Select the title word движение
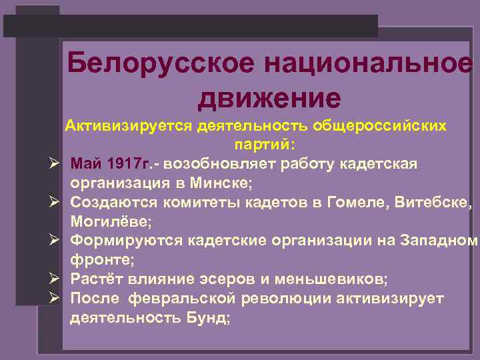[x=269, y=98]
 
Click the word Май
[x=86, y=164]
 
